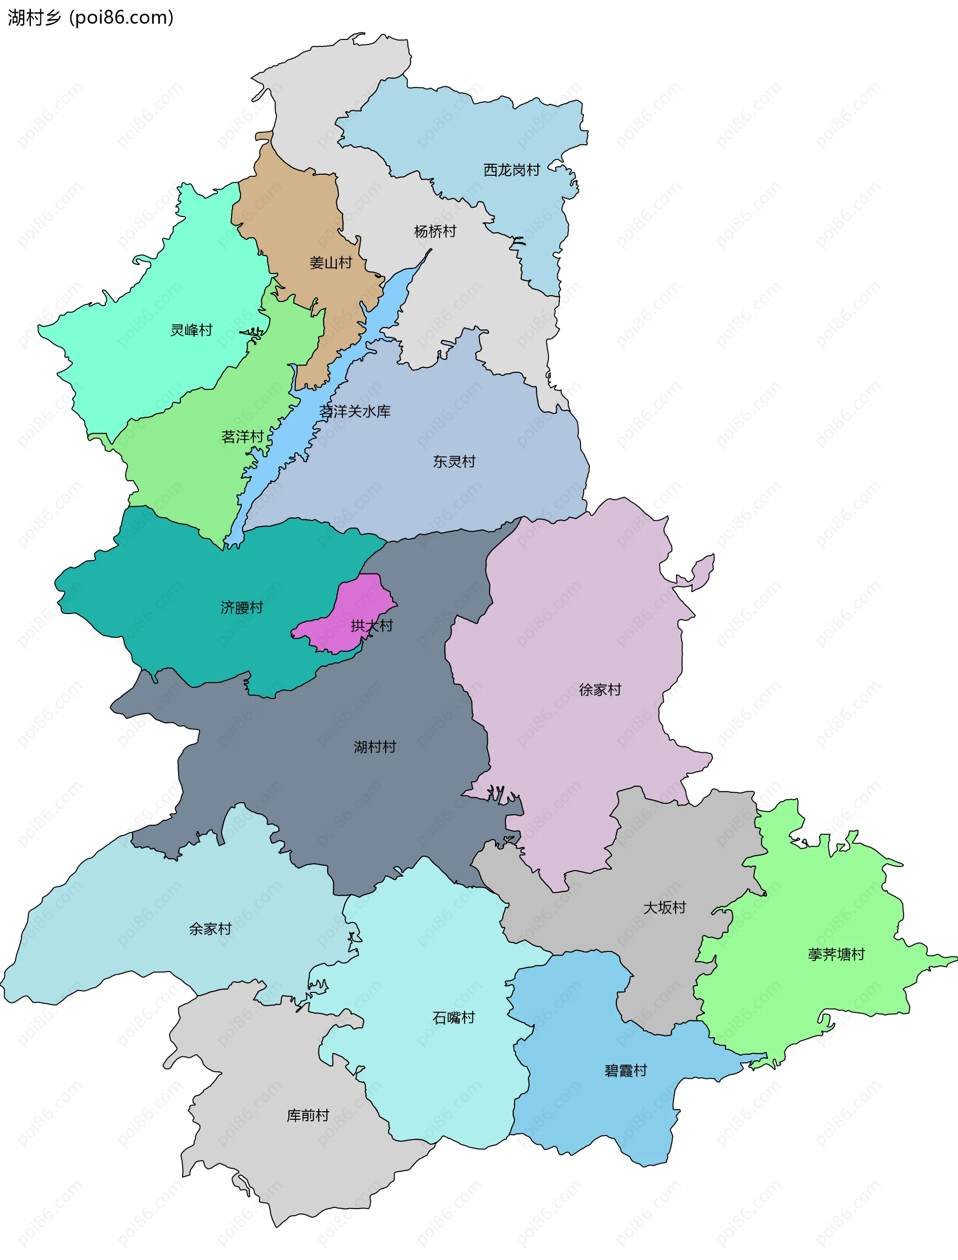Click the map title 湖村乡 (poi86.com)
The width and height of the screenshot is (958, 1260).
[90, 17]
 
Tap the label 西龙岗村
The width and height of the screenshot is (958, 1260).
[511, 170]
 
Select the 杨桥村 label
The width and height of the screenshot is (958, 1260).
[435, 231]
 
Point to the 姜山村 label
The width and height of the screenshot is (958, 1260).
[331, 263]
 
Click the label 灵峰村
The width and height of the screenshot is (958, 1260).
[192, 329]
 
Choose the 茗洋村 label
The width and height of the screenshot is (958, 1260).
[242, 437]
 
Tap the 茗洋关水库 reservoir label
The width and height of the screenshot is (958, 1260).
[355, 411]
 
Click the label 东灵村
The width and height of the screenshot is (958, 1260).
[454, 461]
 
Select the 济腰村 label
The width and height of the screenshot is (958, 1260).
[242, 608]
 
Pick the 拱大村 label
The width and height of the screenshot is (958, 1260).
[372, 626]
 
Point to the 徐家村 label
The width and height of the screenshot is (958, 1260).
[600, 689]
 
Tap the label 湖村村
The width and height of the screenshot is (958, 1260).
[375, 747]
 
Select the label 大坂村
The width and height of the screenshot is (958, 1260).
[664, 908]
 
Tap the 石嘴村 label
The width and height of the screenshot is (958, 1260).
[454, 1017]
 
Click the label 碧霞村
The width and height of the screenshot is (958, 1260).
[626, 1070]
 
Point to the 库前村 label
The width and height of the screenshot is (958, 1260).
[308, 1115]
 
